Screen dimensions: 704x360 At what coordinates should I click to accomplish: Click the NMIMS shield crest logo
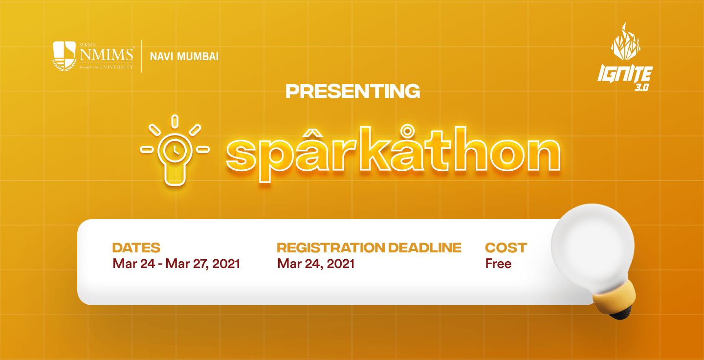click(65, 56)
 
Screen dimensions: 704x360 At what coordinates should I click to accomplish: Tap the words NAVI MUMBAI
click(184, 57)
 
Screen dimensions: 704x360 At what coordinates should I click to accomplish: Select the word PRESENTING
click(352, 91)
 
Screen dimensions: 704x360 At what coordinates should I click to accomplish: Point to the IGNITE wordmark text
click(625, 74)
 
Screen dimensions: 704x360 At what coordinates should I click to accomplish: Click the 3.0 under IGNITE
click(641, 87)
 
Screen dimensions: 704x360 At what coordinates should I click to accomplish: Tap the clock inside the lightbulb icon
click(175, 150)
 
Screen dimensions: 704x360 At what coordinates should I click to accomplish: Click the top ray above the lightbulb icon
click(175, 121)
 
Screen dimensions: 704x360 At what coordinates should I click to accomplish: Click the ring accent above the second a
click(408, 130)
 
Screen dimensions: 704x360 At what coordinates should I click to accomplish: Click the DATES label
click(136, 248)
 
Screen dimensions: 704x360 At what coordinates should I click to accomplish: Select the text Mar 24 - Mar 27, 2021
click(176, 264)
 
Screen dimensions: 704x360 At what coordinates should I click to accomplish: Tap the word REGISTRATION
click(330, 248)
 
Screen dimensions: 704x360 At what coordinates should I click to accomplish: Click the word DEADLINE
click(424, 248)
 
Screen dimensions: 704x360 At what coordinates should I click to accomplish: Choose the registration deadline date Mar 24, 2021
click(315, 264)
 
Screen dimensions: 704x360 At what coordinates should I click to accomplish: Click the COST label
click(506, 248)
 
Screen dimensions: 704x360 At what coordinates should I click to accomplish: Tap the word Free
click(498, 264)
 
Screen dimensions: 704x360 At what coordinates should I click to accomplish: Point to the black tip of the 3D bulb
click(621, 314)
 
